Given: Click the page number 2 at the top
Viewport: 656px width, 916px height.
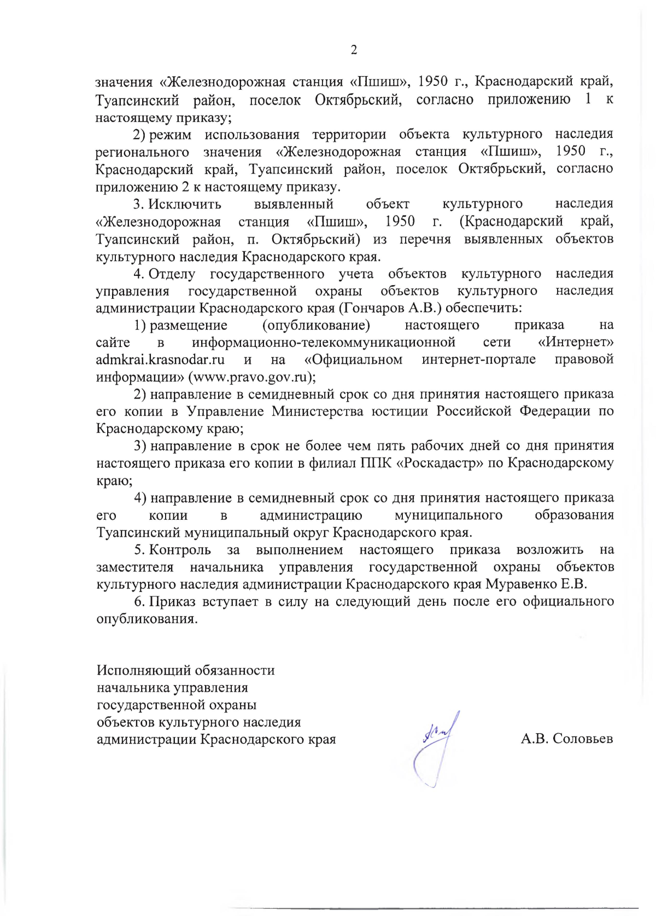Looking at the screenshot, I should (353, 50).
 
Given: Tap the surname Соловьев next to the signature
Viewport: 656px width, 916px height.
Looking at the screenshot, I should (583, 739).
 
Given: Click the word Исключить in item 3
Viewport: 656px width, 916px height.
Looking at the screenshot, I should (185, 204).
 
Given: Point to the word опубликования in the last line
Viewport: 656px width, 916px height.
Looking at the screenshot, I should (145, 619).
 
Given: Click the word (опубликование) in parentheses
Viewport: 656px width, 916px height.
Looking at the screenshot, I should (316, 325).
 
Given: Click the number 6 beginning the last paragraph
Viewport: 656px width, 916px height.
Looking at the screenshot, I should (139, 602).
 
